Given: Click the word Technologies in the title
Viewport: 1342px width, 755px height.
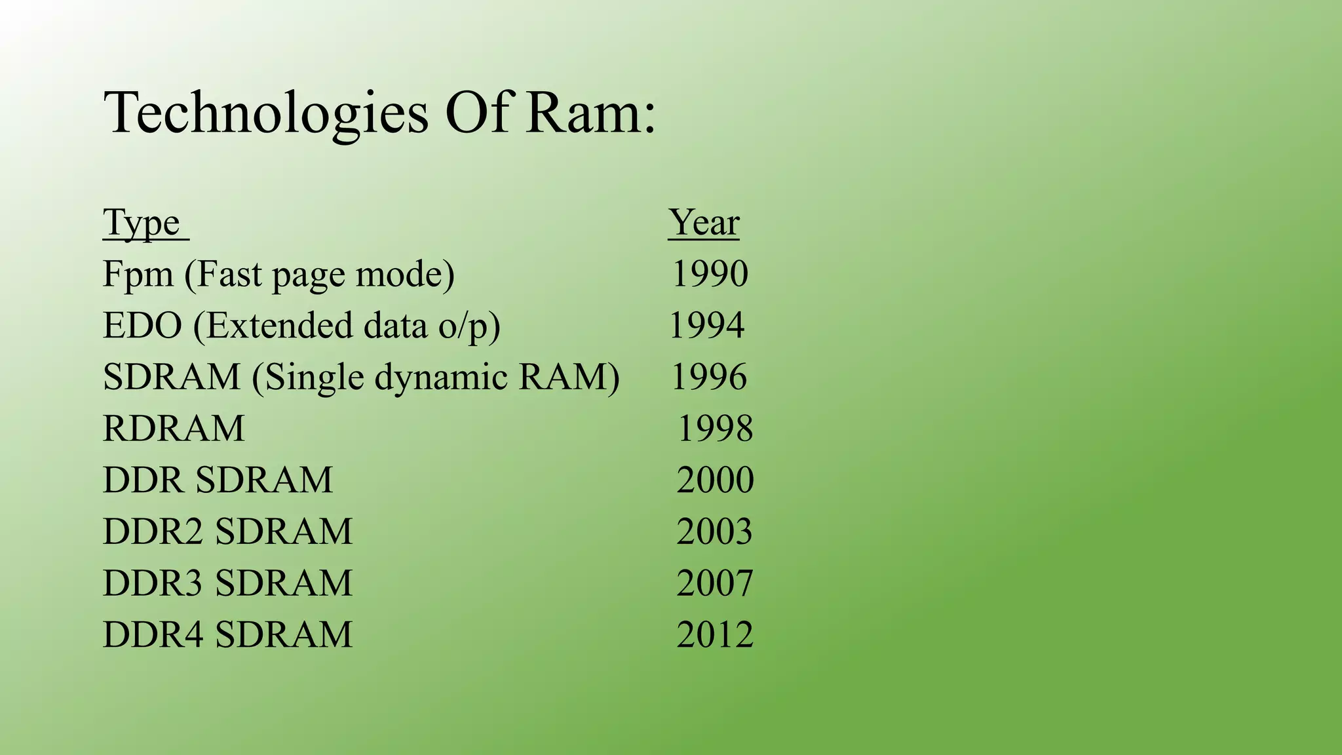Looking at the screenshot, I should pos(266,113).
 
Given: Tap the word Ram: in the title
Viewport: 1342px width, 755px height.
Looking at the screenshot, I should pos(590,113).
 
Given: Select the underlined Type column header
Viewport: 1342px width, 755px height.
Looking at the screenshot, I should pos(142,223).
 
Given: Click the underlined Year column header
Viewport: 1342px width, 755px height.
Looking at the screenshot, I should pos(704,223).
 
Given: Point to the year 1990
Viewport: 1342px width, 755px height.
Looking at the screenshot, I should pos(710,274).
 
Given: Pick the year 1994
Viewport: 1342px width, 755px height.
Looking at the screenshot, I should pos(707,326).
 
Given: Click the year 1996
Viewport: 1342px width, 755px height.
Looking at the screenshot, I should pos(709,377).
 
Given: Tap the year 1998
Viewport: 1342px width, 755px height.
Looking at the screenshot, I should pos(715,429).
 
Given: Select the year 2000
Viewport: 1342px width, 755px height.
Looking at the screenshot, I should pos(715,480).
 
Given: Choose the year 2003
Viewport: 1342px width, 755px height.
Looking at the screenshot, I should pos(714,532).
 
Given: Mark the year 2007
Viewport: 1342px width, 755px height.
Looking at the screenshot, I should pos(715,583).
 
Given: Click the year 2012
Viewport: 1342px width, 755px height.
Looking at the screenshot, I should pos(715,635).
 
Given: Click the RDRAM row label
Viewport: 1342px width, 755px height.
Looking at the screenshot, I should pos(174,429).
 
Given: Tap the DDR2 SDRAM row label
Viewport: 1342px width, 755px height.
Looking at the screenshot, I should pos(228,532).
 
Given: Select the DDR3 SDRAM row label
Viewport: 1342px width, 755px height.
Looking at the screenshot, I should pos(228,583).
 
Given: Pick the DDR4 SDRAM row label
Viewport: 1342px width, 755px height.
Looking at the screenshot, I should pos(228,635).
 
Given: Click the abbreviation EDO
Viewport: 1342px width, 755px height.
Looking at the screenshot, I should pos(142,326).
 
